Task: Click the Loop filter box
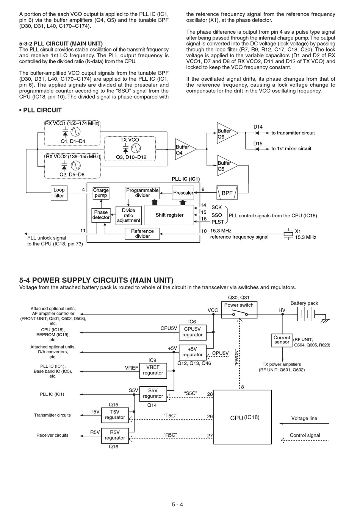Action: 59,193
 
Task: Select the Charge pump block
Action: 101,193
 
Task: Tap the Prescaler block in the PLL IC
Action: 183,193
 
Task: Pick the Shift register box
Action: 169,215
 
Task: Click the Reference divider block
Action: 142,234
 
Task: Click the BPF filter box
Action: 227,193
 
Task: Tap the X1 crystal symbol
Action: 288,234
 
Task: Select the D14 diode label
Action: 258,127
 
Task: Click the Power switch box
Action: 239,310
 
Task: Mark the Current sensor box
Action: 282,340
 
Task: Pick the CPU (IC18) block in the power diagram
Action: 243,417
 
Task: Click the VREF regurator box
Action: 153,370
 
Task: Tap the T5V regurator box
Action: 115,415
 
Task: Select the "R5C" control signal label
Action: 170,435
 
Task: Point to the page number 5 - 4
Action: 177,504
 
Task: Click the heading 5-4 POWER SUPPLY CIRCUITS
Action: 96,280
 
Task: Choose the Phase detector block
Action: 101,215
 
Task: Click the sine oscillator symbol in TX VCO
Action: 136,148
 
